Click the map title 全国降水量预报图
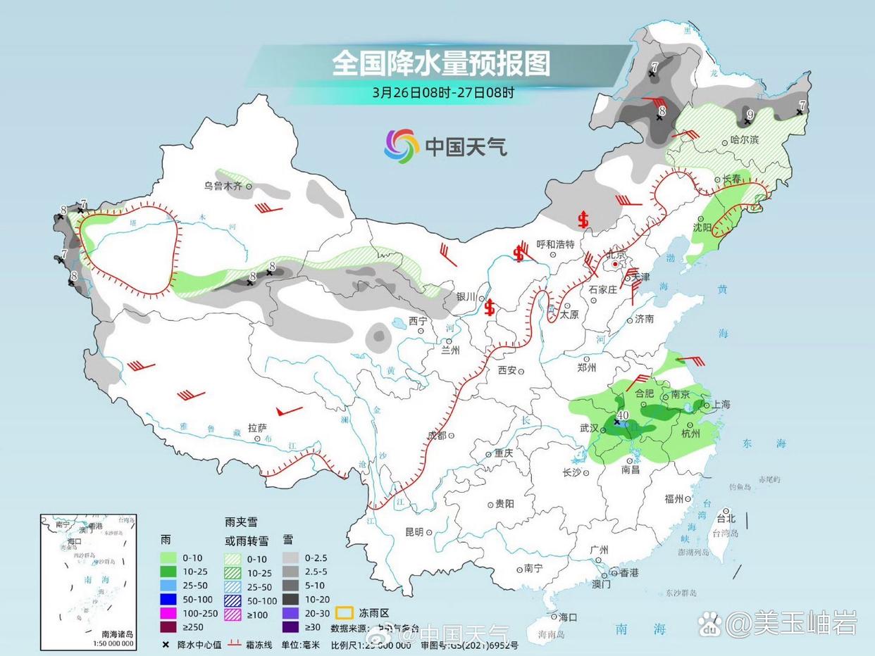click(x=441, y=63)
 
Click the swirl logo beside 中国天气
click(x=402, y=146)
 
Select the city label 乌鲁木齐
click(x=223, y=186)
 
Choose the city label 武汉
click(x=589, y=428)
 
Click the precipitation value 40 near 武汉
click(x=623, y=415)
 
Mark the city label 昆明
click(x=414, y=532)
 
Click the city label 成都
click(x=436, y=436)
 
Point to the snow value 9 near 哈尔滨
click(x=750, y=113)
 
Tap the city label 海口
click(x=568, y=617)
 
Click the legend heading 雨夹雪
click(x=240, y=522)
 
